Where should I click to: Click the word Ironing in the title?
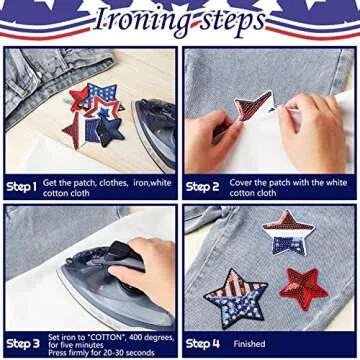tap(137, 21)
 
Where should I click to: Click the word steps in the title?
tap(221, 21)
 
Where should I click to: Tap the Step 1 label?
tap(21, 186)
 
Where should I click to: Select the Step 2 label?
tap(202, 186)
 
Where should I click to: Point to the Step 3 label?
tap(22, 343)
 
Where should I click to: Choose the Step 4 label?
tap(202, 343)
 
